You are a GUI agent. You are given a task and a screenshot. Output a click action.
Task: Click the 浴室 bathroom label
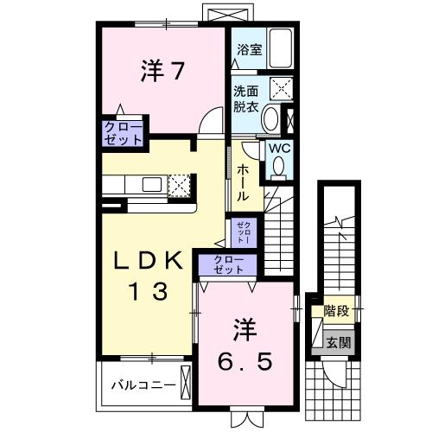pyautogui.click(x=250, y=50)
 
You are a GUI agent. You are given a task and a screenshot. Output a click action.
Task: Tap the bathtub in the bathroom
pyautogui.click(x=281, y=48)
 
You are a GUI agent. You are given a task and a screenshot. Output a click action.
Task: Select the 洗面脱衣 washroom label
pyautogui.click(x=245, y=99)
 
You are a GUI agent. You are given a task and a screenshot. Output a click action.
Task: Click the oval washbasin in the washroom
pyautogui.click(x=271, y=118)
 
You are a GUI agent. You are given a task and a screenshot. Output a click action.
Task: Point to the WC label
pyautogui.click(x=279, y=149)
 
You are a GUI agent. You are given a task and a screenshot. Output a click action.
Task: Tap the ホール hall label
pyautogui.click(x=243, y=183)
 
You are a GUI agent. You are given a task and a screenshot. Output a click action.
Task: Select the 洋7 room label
pyautogui.click(x=162, y=71)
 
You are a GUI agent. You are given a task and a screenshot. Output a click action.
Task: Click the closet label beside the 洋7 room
pyautogui.click(x=124, y=133)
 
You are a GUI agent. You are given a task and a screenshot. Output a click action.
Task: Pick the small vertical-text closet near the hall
pyautogui.click(x=244, y=232)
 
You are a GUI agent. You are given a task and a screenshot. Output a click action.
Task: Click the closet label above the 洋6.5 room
pyautogui.click(x=229, y=265)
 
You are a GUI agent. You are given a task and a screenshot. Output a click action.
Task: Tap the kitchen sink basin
pyautogui.click(x=152, y=185)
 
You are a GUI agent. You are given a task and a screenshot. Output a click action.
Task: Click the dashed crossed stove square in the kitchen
pyautogui.click(x=179, y=186)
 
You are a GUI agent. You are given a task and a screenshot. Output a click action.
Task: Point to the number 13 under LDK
pyautogui.click(x=149, y=291)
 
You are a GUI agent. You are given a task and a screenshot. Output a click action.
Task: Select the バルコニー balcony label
pyautogui.click(x=143, y=385)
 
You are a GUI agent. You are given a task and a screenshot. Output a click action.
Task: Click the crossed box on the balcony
pyautogui.click(x=186, y=383)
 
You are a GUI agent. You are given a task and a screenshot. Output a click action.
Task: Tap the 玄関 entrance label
pyautogui.click(x=339, y=343)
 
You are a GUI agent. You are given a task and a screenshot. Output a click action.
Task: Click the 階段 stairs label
pyautogui.click(x=336, y=311)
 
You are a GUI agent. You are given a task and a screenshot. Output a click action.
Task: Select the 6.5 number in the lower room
pyautogui.click(x=245, y=362)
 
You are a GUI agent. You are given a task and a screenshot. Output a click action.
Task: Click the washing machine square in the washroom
pyautogui.click(x=281, y=88)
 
